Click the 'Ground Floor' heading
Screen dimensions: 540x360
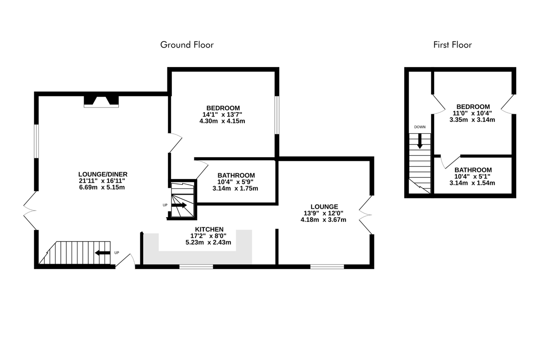(187, 45)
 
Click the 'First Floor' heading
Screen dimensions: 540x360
(453, 45)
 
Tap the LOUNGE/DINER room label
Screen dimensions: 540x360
(103, 174)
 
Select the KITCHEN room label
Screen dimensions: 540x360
(209, 229)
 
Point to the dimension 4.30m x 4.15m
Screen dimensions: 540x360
(222, 121)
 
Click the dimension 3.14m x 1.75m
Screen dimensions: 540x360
(235, 188)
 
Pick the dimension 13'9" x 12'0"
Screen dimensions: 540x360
(324, 213)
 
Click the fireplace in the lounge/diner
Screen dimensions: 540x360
(101, 102)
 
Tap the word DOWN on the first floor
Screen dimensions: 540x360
(420, 127)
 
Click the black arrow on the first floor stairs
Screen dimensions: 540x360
(420, 141)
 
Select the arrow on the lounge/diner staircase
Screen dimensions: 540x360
(103, 253)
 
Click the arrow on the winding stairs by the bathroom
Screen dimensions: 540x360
(179, 205)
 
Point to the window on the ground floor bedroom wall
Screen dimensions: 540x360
(277, 115)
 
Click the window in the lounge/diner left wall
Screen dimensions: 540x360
(36, 141)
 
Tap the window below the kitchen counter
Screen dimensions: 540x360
(196, 266)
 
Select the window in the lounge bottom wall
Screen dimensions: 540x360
(327, 266)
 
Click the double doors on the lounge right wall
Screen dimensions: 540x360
(366, 215)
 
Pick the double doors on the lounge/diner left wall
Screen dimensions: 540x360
(30, 211)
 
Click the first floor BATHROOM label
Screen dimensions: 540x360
(473, 170)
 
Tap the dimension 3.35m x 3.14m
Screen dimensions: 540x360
(472, 120)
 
